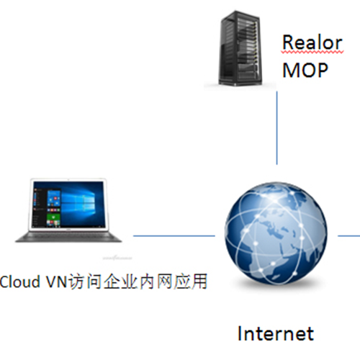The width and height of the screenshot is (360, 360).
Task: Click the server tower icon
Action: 240,49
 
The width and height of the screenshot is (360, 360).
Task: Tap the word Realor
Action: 312,42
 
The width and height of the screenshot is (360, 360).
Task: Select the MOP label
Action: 305,70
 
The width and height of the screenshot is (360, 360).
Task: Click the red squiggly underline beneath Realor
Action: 312,52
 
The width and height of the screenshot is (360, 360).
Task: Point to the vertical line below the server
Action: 277,128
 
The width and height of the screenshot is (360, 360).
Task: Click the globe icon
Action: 276,233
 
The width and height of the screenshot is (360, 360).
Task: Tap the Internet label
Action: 276,333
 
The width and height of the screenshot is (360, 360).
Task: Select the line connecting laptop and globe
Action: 174,236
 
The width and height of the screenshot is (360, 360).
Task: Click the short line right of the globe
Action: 348,236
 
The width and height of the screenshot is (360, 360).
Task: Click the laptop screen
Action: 68,204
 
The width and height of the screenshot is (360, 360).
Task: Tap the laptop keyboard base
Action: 68,237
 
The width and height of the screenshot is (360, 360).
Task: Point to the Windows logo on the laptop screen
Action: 81,202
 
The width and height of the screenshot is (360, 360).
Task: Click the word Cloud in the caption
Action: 19,282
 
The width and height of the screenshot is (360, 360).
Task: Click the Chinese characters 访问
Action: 85,282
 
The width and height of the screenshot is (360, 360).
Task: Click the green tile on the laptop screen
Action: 54,220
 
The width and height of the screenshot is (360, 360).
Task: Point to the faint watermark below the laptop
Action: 117,258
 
